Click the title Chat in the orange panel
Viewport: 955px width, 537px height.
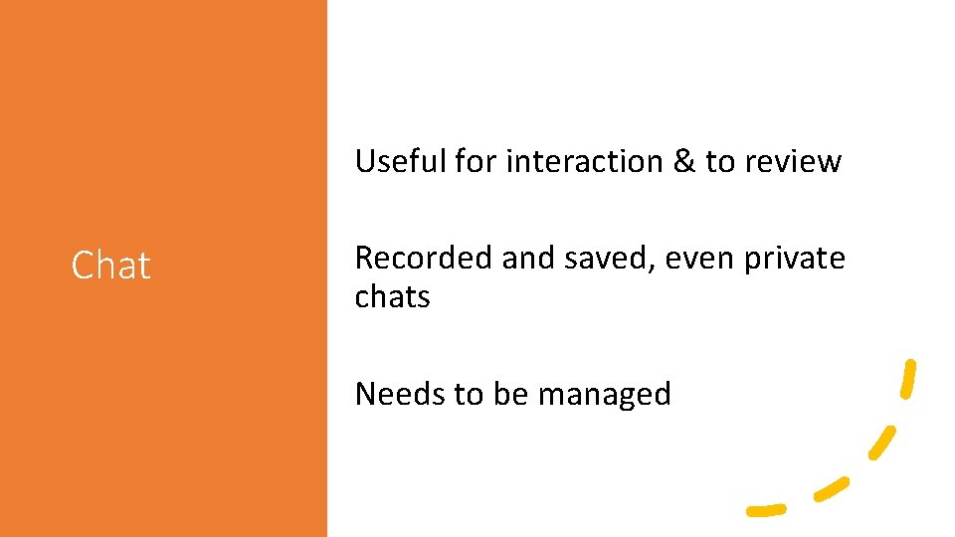point(110,266)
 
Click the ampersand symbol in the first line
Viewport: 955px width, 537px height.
point(684,161)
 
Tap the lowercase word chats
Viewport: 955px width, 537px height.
point(392,296)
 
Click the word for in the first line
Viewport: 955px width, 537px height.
point(477,161)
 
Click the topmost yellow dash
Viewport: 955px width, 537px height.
point(908,379)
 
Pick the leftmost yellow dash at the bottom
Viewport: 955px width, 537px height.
point(766,510)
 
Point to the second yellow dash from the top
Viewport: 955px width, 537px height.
point(881,443)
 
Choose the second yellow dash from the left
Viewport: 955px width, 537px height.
point(831,487)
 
